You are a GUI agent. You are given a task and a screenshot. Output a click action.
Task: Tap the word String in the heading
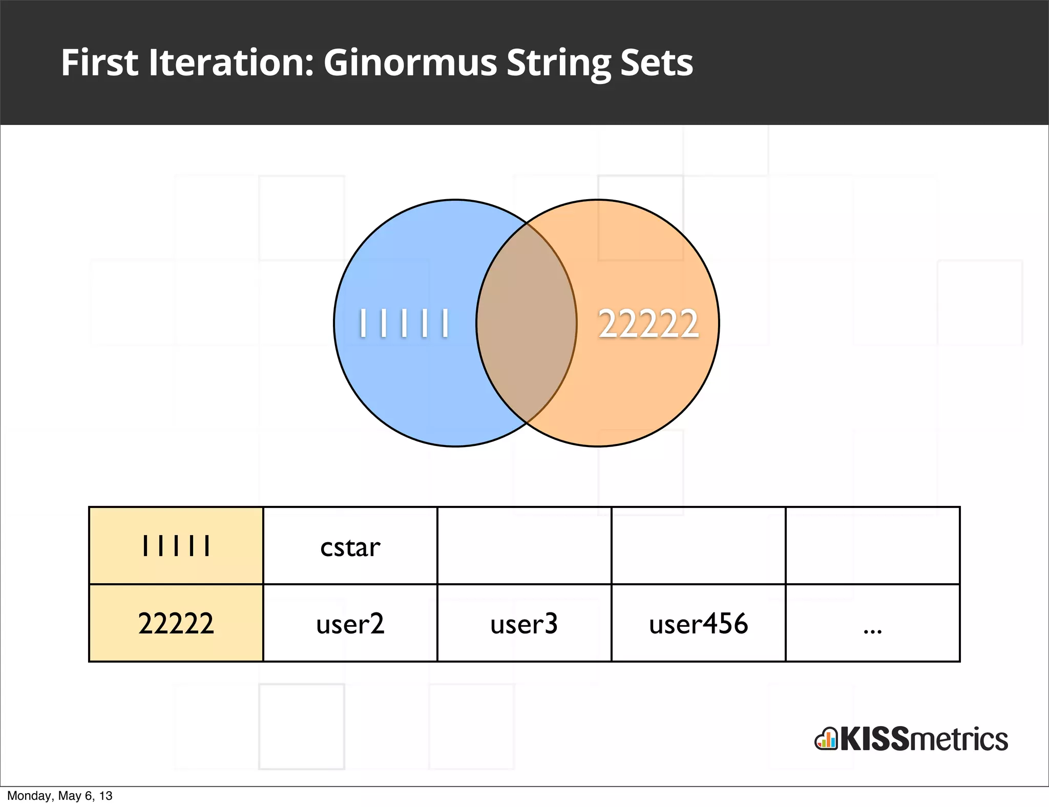pyautogui.click(x=558, y=64)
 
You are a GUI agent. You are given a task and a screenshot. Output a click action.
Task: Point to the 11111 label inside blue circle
pyautogui.click(x=404, y=323)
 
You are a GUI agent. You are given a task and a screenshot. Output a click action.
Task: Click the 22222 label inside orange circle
pyautogui.click(x=648, y=324)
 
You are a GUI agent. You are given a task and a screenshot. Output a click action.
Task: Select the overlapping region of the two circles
pyautogui.click(x=526, y=323)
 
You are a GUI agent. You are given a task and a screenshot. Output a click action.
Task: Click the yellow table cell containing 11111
pyautogui.click(x=176, y=546)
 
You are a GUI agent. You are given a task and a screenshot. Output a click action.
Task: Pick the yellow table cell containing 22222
pyautogui.click(x=176, y=623)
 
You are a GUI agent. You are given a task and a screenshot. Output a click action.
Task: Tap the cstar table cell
pyautogui.click(x=350, y=546)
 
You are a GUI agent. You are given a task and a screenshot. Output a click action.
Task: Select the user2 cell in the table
pyautogui.click(x=350, y=623)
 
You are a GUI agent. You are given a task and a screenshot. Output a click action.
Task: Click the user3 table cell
pyautogui.click(x=524, y=623)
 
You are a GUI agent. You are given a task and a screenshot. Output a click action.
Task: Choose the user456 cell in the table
pyautogui.click(x=698, y=623)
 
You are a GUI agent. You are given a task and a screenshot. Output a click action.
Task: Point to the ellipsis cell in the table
pyautogui.click(x=872, y=623)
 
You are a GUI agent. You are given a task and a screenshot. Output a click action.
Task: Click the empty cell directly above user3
pyautogui.click(x=524, y=546)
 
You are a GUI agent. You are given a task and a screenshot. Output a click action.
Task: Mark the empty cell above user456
pyautogui.click(x=698, y=546)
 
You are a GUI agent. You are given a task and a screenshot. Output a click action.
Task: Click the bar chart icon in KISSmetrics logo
pyautogui.click(x=826, y=739)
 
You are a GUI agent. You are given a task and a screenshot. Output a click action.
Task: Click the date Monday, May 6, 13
pyautogui.click(x=59, y=796)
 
